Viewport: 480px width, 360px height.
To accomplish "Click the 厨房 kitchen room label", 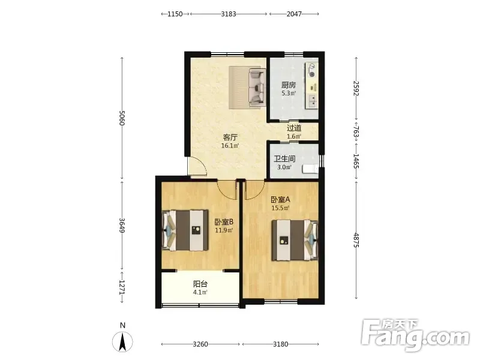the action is (289, 85).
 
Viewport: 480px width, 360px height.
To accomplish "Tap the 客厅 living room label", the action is (230, 137).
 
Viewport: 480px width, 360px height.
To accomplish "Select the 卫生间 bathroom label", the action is (284, 158).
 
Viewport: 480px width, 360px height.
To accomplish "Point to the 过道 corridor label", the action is (294, 128).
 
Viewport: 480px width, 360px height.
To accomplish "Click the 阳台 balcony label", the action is (200, 284).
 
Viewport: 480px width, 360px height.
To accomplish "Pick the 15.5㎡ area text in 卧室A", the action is (280, 208).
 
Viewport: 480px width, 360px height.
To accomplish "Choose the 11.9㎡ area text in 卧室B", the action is (224, 230).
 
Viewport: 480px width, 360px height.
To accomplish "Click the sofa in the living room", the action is (257, 88).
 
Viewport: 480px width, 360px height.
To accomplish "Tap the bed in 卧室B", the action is (185, 230).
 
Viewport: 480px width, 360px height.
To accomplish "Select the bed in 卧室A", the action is (295, 241).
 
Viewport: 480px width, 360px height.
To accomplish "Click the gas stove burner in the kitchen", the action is (312, 74).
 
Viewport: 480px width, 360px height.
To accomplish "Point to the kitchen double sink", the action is (312, 101).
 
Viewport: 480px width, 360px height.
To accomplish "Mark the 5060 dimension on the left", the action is (122, 118).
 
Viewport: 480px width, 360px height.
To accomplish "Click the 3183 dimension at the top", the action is (229, 14).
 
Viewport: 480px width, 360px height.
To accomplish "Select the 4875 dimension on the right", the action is (356, 240).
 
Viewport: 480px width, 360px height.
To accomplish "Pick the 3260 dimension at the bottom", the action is (200, 344).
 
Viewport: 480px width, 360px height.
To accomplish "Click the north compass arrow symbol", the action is (122, 341).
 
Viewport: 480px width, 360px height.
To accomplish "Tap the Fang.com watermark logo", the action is (415, 335).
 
